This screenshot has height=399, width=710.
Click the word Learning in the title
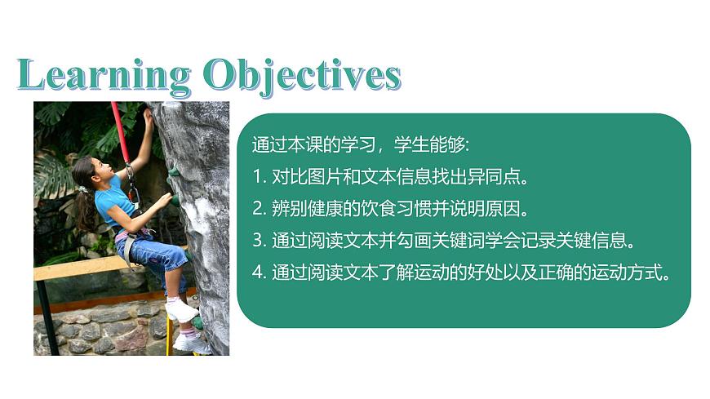tap(103, 75)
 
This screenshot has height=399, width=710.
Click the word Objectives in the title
tap(302, 75)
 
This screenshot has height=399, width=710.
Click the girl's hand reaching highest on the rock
tap(149, 117)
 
